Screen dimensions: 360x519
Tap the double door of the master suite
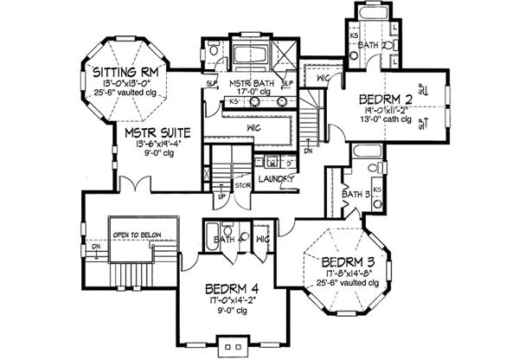coord(131,185)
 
